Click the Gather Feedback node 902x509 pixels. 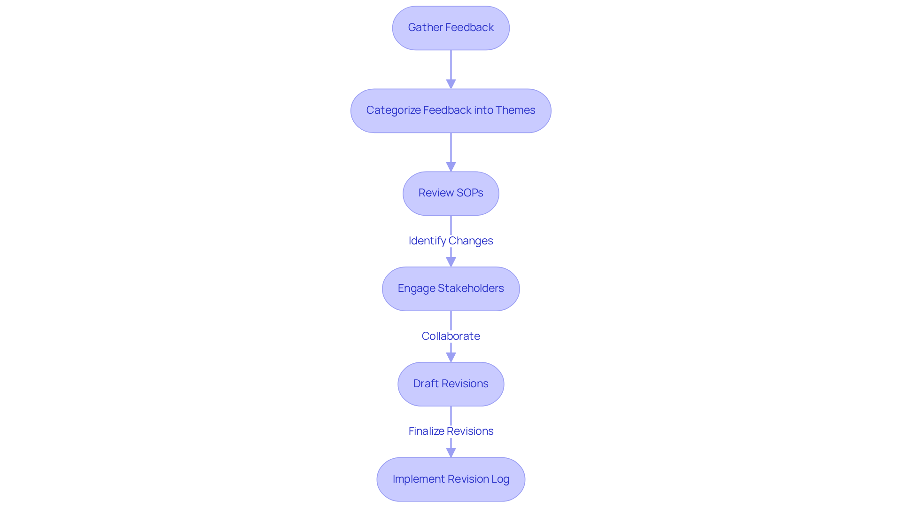(x=451, y=28)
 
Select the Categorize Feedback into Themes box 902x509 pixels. (x=451, y=111)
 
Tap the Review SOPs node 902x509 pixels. (x=451, y=194)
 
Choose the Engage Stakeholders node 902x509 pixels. (x=451, y=289)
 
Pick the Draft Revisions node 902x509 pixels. (x=451, y=384)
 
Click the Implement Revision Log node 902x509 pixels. (x=451, y=479)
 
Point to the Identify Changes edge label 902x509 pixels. (x=451, y=241)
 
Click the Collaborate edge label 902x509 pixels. (x=451, y=336)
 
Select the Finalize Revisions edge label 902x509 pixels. (x=451, y=431)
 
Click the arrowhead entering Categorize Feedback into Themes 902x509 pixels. (x=451, y=84)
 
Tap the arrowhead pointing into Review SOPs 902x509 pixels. (x=451, y=167)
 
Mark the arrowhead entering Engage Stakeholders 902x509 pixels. (x=451, y=262)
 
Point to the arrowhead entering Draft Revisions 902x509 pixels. (x=451, y=357)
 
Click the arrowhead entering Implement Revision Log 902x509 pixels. (x=451, y=453)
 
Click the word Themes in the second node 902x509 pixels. (x=515, y=110)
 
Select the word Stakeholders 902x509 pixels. (x=471, y=288)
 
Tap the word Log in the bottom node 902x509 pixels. (x=500, y=479)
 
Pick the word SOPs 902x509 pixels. (x=470, y=193)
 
